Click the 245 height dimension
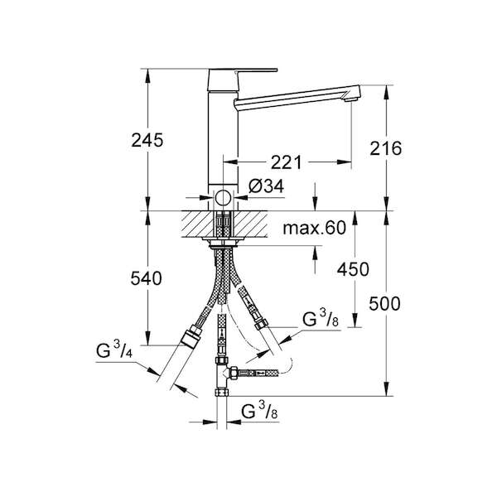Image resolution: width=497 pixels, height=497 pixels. click(x=147, y=140)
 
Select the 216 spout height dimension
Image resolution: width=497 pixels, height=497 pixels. click(x=386, y=148)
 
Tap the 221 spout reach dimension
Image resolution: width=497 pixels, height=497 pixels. click(x=287, y=162)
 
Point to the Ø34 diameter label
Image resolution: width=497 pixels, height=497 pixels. click(x=266, y=186)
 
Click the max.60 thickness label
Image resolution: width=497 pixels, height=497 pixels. click(x=314, y=228)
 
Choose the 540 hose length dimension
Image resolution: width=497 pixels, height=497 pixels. click(x=146, y=278)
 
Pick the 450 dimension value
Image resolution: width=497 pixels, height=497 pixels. click(x=353, y=270)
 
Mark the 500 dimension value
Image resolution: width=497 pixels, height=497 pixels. click(x=385, y=304)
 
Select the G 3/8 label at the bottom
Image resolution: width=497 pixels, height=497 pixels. click(x=259, y=410)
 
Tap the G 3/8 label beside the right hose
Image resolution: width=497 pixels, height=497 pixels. click(x=321, y=318)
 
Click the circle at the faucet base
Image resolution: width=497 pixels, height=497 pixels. click(x=223, y=199)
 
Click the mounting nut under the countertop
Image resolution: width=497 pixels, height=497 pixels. click(x=223, y=243)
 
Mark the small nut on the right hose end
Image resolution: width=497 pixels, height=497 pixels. click(x=261, y=325)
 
